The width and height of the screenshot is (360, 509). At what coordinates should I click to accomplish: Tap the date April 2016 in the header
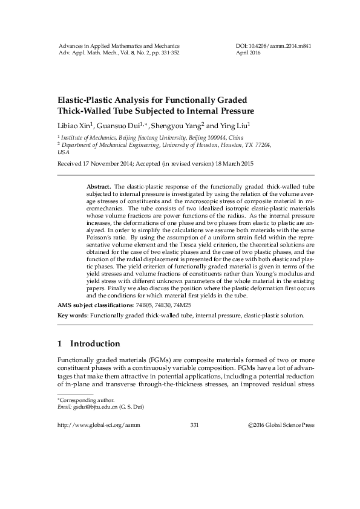(x=249, y=53)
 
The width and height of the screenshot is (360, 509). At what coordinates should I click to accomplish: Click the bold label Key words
(x=71, y=316)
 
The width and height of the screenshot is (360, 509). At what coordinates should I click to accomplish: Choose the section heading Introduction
(x=95, y=344)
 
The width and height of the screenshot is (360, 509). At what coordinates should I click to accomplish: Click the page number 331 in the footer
(x=194, y=425)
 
